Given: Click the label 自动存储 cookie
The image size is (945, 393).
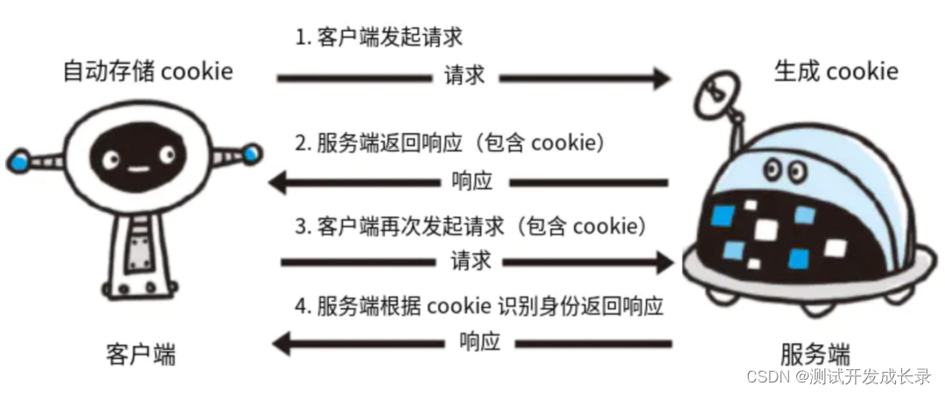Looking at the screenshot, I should (148, 71).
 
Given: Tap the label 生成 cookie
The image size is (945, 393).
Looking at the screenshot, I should (836, 71).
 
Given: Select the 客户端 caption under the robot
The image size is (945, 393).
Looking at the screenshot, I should (140, 354).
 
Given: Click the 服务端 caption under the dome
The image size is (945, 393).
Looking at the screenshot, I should (815, 354).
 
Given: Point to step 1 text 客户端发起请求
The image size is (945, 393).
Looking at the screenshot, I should (378, 38).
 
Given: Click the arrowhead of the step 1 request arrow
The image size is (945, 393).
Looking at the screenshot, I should (661, 78).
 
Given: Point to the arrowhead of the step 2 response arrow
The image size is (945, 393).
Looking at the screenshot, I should (278, 182).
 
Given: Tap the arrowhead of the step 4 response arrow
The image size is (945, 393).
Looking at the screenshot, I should (284, 342).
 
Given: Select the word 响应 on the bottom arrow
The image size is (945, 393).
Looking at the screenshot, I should (479, 342).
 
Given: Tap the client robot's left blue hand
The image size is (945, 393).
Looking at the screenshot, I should (18, 158).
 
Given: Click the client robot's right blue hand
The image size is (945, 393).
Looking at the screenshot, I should (252, 155).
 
